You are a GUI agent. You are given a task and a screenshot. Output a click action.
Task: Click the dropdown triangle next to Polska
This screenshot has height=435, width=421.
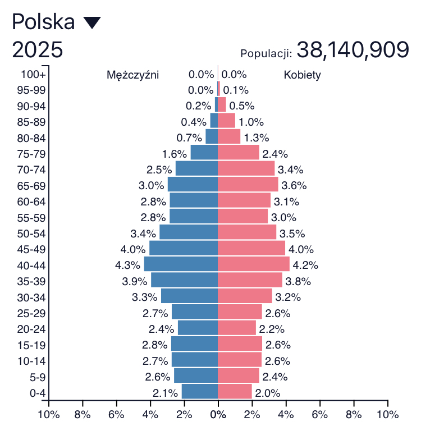pyautogui.click(x=91, y=23)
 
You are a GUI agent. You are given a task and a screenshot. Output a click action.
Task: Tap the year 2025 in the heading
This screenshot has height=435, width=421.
pyautogui.click(x=37, y=50)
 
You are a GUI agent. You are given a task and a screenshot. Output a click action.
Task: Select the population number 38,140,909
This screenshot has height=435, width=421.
pyautogui.click(x=353, y=51)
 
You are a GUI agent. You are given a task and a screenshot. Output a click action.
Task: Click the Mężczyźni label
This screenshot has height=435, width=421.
pyautogui.click(x=132, y=75)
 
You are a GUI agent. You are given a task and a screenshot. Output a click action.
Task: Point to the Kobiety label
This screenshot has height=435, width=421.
pyautogui.click(x=302, y=75)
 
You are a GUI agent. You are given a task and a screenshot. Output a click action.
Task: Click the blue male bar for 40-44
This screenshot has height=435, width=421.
pyautogui.click(x=181, y=264)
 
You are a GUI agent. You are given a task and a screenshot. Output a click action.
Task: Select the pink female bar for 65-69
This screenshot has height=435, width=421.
pyautogui.click(x=248, y=185)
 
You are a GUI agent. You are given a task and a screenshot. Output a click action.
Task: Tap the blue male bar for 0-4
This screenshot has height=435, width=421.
pyautogui.click(x=199, y=392)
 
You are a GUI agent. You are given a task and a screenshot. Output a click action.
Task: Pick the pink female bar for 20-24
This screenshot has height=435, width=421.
pyautogui.click(x=236, y=328)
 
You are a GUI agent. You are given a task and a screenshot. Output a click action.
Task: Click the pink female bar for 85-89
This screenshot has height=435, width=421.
pyautogui.click(x=226, y=121)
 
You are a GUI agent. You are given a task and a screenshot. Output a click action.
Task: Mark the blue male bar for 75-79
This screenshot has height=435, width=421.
pyautogui.click(x=204, y=153)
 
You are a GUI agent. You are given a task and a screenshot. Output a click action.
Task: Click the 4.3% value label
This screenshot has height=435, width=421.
pyautogui.click(x=129, y=265)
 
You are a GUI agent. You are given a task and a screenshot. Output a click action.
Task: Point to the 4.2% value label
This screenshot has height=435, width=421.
pyautogui.click(x=305, y=265)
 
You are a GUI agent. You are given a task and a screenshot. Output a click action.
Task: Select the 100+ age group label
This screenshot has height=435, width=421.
pyautogui.click(x=33, y=74)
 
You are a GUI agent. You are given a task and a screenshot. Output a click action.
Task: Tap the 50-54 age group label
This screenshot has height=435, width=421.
pyautogui.click(x=33, y=233)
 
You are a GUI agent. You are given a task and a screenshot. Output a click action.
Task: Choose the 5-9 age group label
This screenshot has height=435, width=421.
pyautogui.click(x=37, y=377)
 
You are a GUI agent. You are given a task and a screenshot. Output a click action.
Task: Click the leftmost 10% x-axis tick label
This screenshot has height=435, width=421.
pyautogui.click(x=49, y=415)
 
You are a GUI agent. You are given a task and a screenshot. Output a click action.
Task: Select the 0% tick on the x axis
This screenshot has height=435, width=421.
pyautogui.click(x=218, y=415)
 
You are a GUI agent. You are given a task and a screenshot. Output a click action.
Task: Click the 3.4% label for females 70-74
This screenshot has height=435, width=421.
pyautogui.click(x=290, y=170)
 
